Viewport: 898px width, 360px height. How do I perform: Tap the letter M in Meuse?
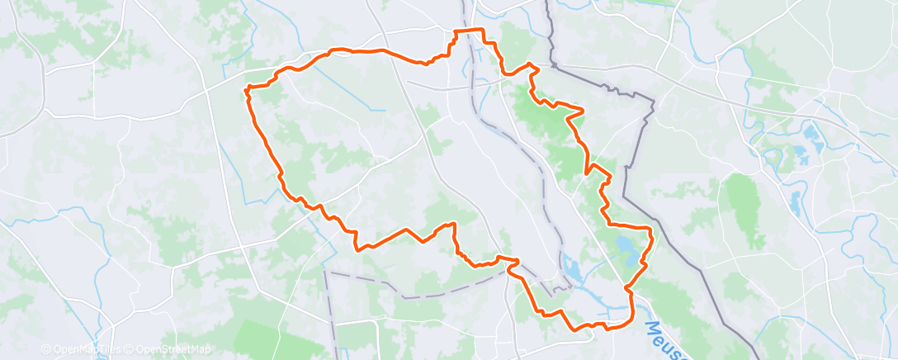coord(651,329)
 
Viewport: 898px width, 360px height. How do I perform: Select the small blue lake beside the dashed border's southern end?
coord(571,268)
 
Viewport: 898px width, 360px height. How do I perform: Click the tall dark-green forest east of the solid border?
coord(742,206)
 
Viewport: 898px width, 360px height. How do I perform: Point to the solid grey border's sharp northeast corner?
coord(653,102)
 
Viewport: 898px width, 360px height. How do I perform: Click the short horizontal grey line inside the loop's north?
coord(446,84)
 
